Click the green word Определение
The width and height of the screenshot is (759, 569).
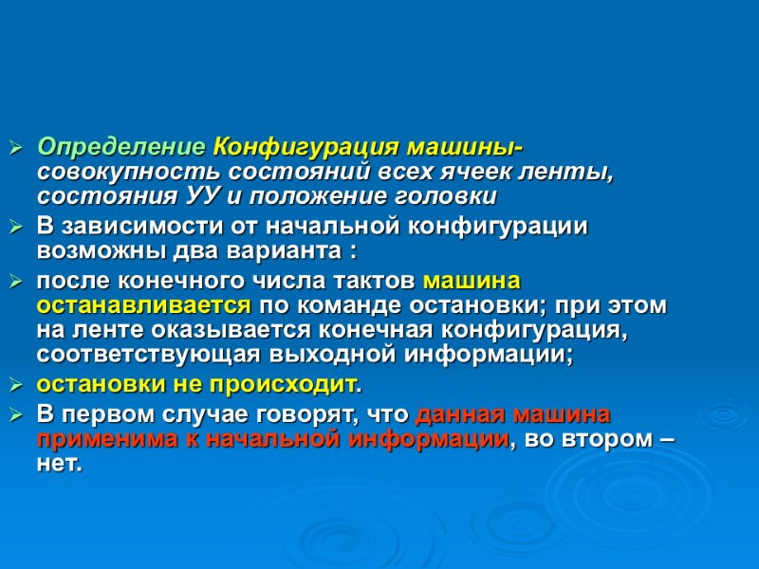coord(121,150)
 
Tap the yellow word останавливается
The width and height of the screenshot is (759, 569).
coord(143,307)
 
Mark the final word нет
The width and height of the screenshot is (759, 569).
coord(58,465)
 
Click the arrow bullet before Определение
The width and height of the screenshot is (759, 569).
coord(15,150)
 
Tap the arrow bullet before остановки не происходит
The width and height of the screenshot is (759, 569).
coord(15,386)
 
